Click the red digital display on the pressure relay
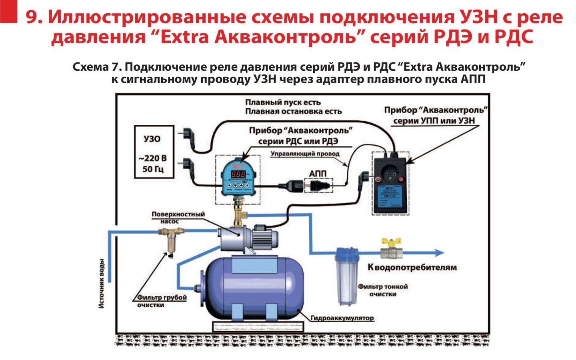(239, 174)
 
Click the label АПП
(318, 174)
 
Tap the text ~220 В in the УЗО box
(153, 158)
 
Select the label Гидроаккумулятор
(342, 318)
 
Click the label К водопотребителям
(412, 267)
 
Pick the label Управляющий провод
(305, 154)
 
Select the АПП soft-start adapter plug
(319, 185)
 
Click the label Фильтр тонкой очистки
(382, 290)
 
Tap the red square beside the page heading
(9, 11)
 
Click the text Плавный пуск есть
(283, 102)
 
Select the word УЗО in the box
(152, 139)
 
